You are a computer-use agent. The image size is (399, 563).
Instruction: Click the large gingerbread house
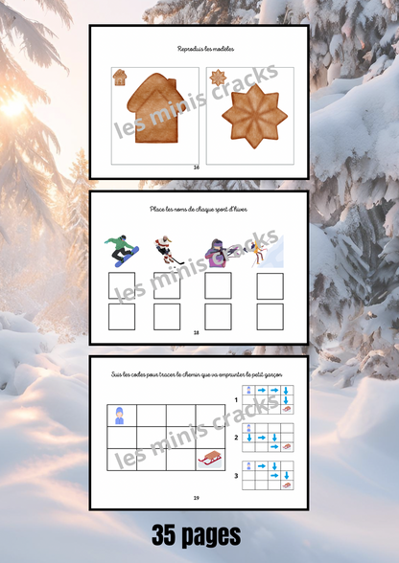tap(153, 113)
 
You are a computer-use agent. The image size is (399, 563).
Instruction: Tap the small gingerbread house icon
tap(120, 77)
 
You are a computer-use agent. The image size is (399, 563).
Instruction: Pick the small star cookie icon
tap(218, 77)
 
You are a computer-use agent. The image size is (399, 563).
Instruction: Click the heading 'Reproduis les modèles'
tap(199, 49)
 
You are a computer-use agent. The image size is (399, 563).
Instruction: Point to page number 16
tap(196, 167)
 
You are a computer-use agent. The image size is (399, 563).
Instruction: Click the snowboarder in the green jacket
tap(123, 251)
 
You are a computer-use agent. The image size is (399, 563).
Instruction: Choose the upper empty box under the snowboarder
tap(122, 286)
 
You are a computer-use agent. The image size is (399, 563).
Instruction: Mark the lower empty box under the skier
tap(270, 316)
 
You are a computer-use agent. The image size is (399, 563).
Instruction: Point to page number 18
tap(196, 332)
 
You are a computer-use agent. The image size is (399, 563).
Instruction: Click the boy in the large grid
tap(120, 416)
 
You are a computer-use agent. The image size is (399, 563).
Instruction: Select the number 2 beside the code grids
tap(236, 438)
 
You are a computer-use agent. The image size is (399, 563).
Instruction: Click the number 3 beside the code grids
tap(236, 473)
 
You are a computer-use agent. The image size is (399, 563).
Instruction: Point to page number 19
tap(196, 498)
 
